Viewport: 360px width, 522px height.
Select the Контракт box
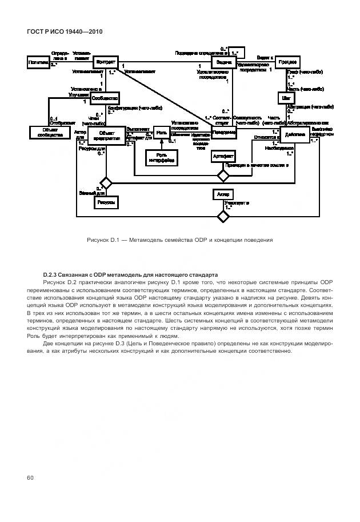[x=106, y=62]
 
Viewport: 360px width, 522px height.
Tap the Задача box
[x=223, y=62]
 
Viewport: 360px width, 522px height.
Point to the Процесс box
[x=288, y=62]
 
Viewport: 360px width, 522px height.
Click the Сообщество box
[x=105, y=98]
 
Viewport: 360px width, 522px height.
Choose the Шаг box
[x=287, y=98]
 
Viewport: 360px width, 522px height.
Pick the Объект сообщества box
[x=46, y=133]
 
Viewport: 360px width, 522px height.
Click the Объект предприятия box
[x=106, y=136]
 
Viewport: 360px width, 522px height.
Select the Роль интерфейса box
[x=161, y=158]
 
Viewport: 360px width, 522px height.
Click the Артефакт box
[x=223, y=156]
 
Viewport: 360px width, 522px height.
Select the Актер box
[x=223, y=195]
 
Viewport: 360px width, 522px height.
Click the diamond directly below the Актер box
[x=223, y=216]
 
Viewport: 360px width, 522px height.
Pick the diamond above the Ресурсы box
[x=105, y=183]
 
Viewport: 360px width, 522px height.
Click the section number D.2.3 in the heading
[x=52, y=274]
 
